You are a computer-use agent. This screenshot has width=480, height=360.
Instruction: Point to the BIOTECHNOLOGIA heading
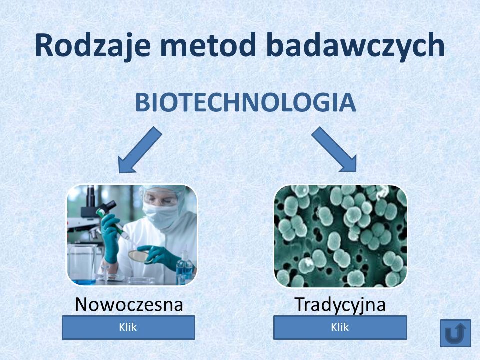pyautogui.click(x=246, y=102)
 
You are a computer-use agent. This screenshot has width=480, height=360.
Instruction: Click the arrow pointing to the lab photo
pyautogui.click(x=140, y=150)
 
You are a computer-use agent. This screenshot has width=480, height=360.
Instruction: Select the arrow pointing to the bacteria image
pyautogui.click(x=334, y=149)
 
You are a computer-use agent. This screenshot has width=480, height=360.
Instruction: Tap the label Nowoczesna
pyautogui.click(x=129, y=304)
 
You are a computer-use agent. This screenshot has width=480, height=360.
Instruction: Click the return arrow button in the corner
pyautogui.click(x=455, y=333)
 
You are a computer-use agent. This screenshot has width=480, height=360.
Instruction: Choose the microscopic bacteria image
pyautogui.click(x=340, y=236)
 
